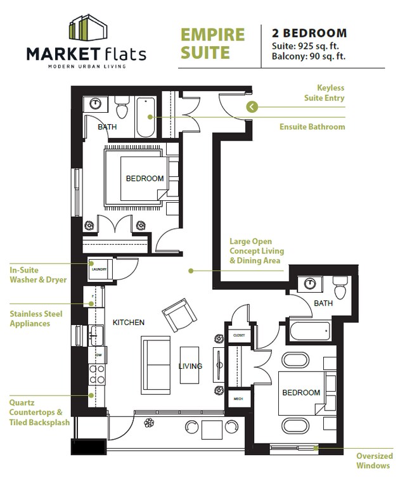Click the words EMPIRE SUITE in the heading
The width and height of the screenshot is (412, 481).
pyautogui.click(x=212, y=43)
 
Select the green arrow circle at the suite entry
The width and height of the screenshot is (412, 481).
pyautogui.click(x=252, y=106)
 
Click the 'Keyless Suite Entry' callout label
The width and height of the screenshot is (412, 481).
pyautogui.click(x=323, y=93)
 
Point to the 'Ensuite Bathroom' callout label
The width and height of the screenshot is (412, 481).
pyautogui.click(x=312, y=127)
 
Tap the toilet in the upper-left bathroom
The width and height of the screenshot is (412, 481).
pyautogui.click(x=122, y=109)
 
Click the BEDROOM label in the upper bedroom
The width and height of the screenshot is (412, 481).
pyautogui.click(x=145, y=179)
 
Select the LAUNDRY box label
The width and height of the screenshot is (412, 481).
pyautogui.click(x=100, y=269)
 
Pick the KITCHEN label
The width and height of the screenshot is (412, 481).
pyautogui.click(x=129, y=323)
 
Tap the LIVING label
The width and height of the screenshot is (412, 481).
pyautogui.click(x=190, y=366)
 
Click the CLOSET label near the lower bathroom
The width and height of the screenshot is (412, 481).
pyautogui.click(x=239, y=335)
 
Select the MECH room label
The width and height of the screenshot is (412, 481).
pyautogui.click(x=238, y=399)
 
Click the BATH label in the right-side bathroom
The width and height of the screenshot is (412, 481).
pyautogui.click(x=323, y=304)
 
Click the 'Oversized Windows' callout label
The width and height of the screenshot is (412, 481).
pyautogui.click(x=374, y=461)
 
